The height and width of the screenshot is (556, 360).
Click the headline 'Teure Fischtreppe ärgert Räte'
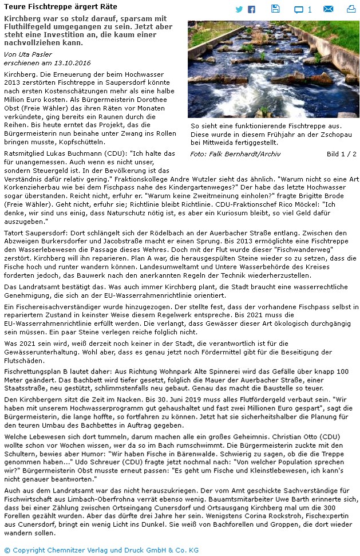coord(60,7)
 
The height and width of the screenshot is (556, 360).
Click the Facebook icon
coord(251,9)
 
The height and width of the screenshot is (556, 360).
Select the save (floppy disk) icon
coord(275,9)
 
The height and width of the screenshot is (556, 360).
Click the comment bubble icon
coord(299,9)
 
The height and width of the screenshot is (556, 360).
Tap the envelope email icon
coord(328,9)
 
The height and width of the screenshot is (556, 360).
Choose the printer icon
coord(351,9)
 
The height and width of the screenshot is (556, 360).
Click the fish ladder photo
coord(273,69)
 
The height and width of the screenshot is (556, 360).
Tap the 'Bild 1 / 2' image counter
coord(341,154)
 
